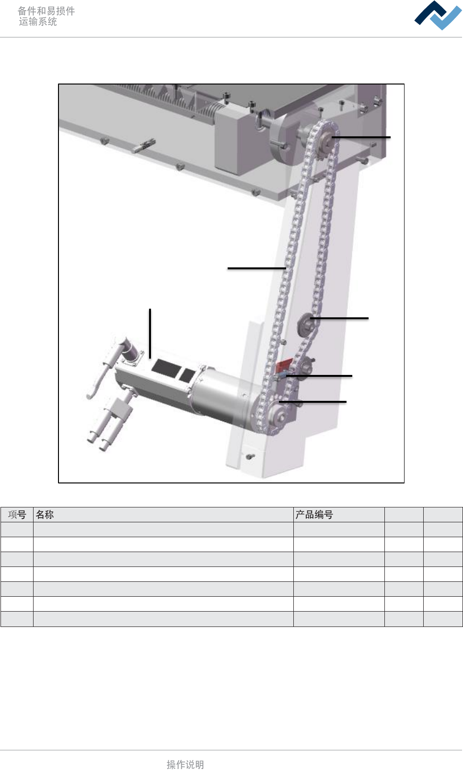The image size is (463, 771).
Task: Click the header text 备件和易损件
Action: [x=46, y=11]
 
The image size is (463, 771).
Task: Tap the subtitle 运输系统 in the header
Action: [x=38, y=22]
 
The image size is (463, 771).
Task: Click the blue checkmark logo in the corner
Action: [x=438, y=15]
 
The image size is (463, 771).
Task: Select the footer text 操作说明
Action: [x=185, y=764]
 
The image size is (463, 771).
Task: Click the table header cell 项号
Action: [x=17, y=515]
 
